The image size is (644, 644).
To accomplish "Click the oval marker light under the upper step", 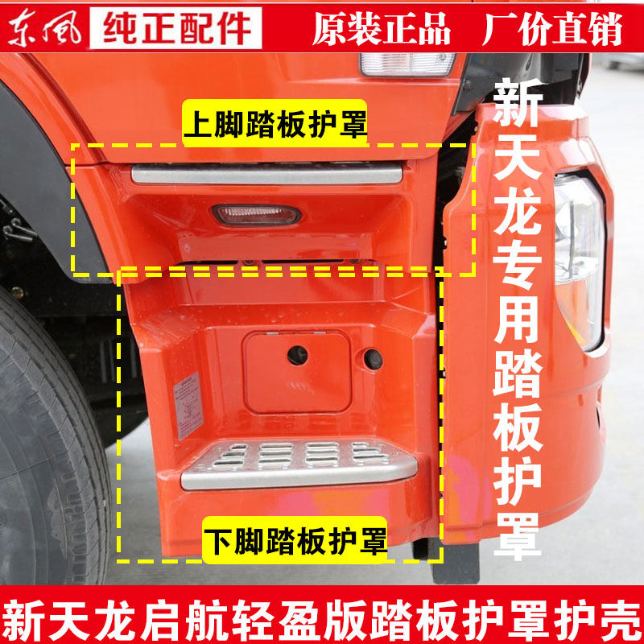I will point(255,215).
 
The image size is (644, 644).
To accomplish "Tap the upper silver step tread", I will point(266,173).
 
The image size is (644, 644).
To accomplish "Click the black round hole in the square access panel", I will point(298,353).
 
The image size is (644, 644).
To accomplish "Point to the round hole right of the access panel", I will point(373,358).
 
